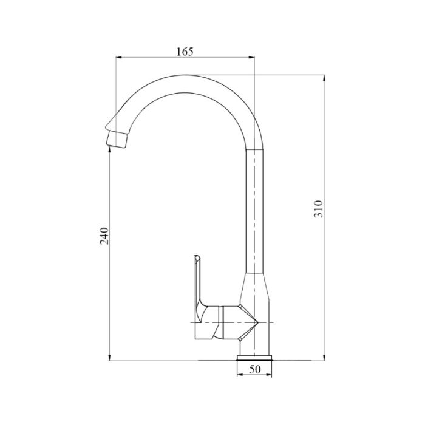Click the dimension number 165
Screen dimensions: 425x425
click(185, 52)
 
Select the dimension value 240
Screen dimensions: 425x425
click(104, 236)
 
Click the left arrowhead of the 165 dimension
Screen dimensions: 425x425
click(119, 58)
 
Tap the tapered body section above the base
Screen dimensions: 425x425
click(255, 291)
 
